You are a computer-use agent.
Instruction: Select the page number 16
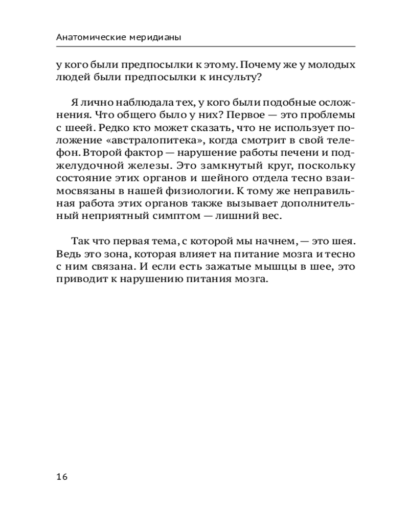(62, 476)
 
